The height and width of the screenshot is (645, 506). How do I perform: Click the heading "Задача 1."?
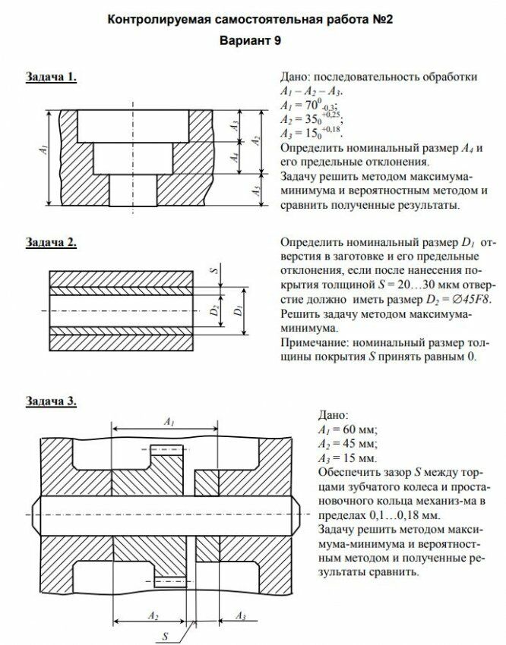[x=51, y=77]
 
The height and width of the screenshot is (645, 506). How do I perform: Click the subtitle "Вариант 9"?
[x=251, y=41]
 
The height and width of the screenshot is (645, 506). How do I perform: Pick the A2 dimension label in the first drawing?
[x=258, y=140]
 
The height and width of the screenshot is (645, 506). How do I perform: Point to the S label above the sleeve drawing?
[x=213, y=270]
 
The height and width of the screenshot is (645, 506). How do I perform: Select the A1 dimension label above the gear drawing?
[x=169, y=420]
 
